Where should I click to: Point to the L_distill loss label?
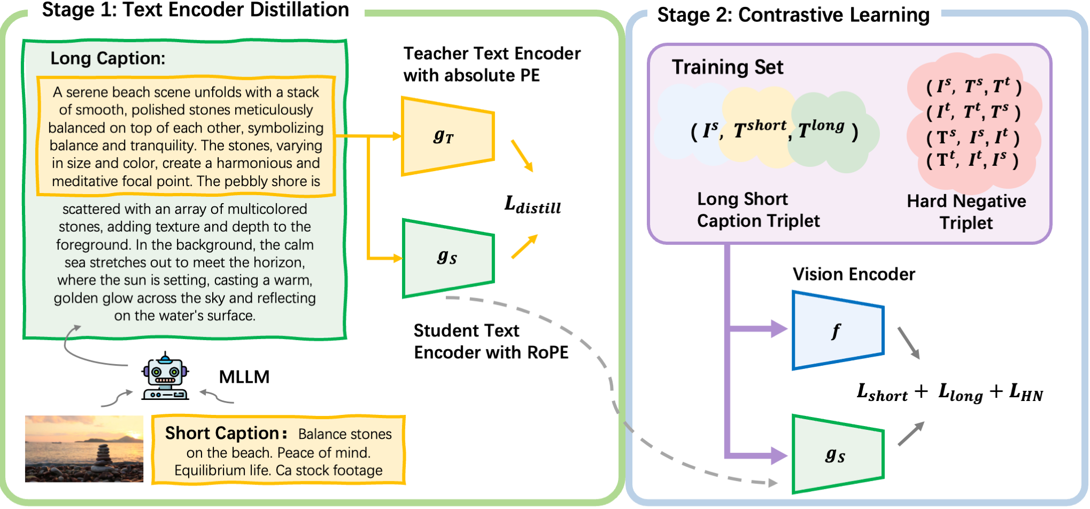coord(532,205)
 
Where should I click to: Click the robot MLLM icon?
coord(165,377)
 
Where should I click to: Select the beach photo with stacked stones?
coord(84,449)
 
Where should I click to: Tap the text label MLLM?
coord(244,377)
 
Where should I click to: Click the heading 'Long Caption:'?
coord(107,58)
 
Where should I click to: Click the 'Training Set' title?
coord(727,67)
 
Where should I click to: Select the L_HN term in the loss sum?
coord(1026,393)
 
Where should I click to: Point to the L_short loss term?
coord(882,393)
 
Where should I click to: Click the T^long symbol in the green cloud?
coord(822,129)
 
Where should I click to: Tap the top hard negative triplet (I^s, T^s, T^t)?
coord(973,86)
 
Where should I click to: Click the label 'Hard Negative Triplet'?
coord(966,212)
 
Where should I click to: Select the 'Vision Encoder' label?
coord(854,274)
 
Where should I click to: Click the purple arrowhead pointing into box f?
coord(778,328)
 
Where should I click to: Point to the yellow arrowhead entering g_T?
coord(397,136)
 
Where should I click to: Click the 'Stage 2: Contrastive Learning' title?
coord(793,15)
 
